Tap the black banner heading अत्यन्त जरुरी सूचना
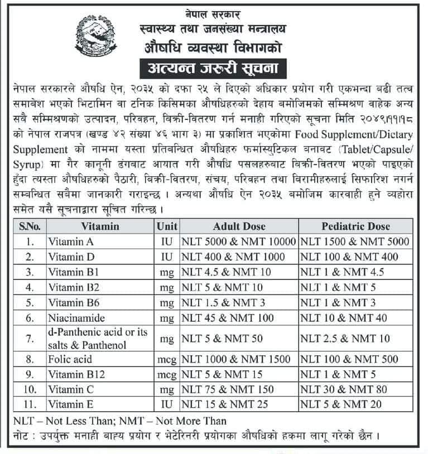214,69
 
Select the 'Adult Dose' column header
239,226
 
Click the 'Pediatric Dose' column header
355,226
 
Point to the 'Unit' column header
167,226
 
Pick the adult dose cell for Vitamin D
229,257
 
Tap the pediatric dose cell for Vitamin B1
340,273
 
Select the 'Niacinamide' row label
73,318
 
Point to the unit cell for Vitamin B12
167,374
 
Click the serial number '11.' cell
30,404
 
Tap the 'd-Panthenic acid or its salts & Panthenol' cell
98,339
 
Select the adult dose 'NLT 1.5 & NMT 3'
223,303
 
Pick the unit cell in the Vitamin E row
167,404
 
